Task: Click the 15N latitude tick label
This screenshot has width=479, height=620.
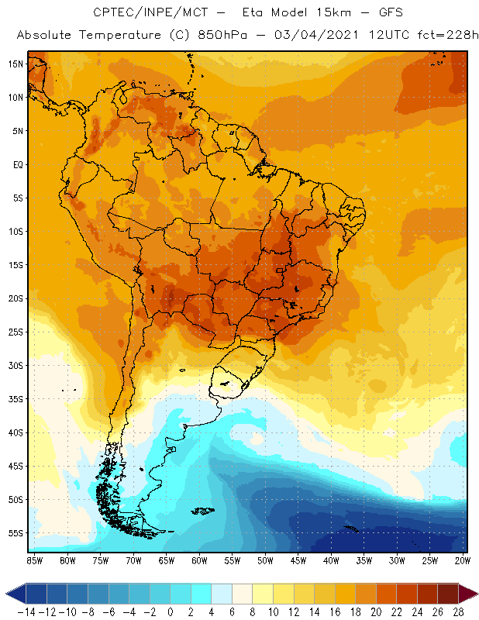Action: pyautogui.click(x=16, y=64)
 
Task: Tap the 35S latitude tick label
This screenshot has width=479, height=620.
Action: pyautogui.click(x=16, y=399)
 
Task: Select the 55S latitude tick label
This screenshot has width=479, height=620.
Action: pyautogui.click(x=16, y=533)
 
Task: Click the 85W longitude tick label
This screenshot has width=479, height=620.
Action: pyautogui.click(x=35, y=560)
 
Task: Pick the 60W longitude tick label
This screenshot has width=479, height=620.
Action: pyautogui.click(x=199, y=560)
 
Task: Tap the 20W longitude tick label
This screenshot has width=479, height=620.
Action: pyautogui.click(x=462, y=560)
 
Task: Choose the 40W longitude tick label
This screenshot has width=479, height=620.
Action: pyautogui.click(x=331, y=560)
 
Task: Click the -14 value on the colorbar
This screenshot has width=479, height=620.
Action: pyautogui.click(x=25, y=611)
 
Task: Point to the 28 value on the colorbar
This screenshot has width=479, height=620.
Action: pyautogui.click(x=463, y=611)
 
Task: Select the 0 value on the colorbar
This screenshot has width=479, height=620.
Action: pyautogui.click(x=171, y=611)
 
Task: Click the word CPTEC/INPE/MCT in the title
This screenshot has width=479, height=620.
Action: pyautogui.click(x=145, y=13)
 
